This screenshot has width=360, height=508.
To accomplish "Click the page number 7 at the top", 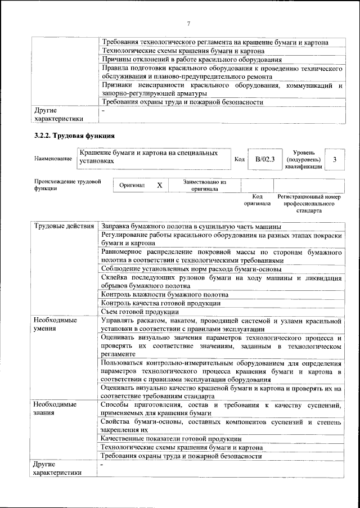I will (188, 23).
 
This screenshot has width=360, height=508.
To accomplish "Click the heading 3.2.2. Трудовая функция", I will (75, 136).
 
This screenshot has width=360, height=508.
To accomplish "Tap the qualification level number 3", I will (335, 160).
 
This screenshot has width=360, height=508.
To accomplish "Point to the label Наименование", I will (53, 159).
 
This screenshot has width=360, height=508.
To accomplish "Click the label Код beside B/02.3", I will (239, 160).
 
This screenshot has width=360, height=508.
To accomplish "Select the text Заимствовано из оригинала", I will (204, 186).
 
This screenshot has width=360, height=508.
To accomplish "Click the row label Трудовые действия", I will (64, 227).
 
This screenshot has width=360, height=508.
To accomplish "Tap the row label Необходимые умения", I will (55, 325).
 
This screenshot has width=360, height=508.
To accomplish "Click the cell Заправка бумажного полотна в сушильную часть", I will (191, 227).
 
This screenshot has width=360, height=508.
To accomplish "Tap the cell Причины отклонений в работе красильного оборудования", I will (191, 60).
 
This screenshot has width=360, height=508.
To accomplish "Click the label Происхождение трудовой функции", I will (67, 185).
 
